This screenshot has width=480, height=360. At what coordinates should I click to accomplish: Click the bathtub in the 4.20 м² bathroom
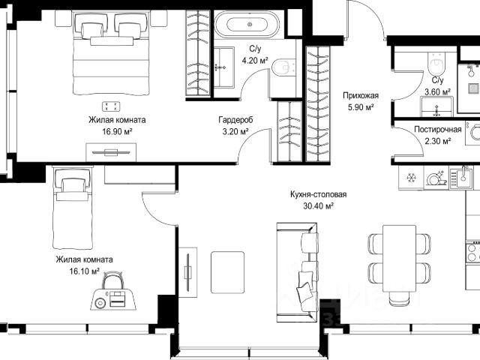coord(247,25)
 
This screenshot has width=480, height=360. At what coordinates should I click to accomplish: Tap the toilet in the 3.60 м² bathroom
coord(436,63)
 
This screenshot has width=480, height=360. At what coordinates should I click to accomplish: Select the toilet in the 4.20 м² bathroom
coord(283,67)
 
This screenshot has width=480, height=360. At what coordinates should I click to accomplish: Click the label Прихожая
coord(361,95)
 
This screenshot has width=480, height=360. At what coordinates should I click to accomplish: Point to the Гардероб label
coord(235,120)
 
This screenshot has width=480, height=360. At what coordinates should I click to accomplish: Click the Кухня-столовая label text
coord(318,194)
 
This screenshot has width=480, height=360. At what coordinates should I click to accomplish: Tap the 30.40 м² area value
coord(318,206)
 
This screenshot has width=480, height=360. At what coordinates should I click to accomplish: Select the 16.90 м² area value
coord(117,132)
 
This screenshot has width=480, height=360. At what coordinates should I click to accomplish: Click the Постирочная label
coord(438,130)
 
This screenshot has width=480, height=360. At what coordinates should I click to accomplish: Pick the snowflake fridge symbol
coord(410,178)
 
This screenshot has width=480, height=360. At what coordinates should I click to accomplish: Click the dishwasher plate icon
coord(436,178)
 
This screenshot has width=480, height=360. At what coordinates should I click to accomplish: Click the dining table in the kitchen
coord(399,259)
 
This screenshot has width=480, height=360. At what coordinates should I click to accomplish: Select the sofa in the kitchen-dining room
coord(298,272)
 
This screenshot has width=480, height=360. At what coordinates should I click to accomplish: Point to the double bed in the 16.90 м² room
coord(111,53)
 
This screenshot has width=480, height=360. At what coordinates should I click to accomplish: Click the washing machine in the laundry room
coord(472,132)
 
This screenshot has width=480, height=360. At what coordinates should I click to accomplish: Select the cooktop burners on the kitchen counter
coord(473,252)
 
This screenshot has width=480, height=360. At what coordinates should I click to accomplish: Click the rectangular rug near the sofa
coord(227,272)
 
